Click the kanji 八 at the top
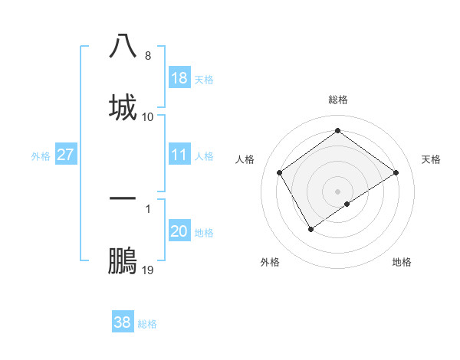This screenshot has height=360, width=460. click(123, 46)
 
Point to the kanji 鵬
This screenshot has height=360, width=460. click(123, 260)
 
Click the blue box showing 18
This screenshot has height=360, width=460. click(179, 78)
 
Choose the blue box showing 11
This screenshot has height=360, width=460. click(179, 155)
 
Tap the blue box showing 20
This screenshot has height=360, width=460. click(179, 232)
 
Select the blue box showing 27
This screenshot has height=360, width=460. click(66, 155)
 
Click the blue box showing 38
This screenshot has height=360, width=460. click(123, 322)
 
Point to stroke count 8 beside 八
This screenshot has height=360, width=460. click(148, 56)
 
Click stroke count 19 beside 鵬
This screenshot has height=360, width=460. click(148, 270)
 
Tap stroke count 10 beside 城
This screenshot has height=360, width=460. click(148, 117)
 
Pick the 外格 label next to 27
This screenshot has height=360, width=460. click(41, 156)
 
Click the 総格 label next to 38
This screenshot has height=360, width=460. click(147, 324)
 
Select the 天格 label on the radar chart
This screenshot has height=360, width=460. click(432, 159)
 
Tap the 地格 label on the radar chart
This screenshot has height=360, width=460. click(402, 262)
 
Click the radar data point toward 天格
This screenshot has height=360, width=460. click(396, 172)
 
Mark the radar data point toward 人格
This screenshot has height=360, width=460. click(280, 172)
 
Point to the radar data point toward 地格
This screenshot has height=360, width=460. click(347, 204)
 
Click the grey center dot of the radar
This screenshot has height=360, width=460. click(337, 191)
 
